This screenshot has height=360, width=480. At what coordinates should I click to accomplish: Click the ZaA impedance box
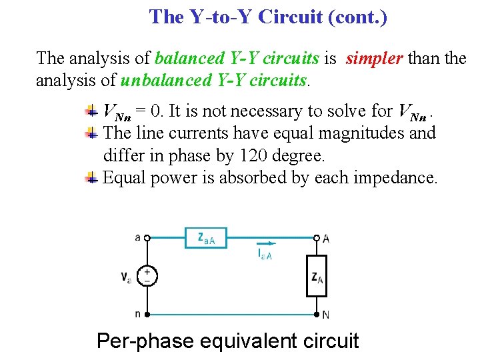pyautogui.click(x=205, y=238)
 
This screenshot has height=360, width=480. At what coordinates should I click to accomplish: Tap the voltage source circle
pyautogui.click(x=147, y=275)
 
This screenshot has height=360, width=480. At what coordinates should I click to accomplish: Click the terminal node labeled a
pyautogui.click(x=147, y=237)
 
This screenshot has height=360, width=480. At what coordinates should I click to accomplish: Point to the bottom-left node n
pyautogui.click(x=147, y=314)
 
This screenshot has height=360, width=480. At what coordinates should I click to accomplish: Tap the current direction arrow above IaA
pyautogui.click(x=265, y=244)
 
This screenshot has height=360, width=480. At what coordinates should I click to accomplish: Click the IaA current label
pyautogui.click(x=264, y=255)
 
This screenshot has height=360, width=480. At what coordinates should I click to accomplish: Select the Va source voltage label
pyautogui.click(x=126, y=276)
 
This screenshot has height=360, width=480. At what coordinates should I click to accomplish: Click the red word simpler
pyautogui.click(x=373, y=59)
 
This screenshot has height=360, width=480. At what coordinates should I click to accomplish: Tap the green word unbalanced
pyautogui.click(x=167, y=81)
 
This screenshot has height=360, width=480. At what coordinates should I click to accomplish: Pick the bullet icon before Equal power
pyautogui.click(x=92, y=179)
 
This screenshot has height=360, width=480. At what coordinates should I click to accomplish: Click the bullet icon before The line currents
pyautogui.click(x=92, y=133)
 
